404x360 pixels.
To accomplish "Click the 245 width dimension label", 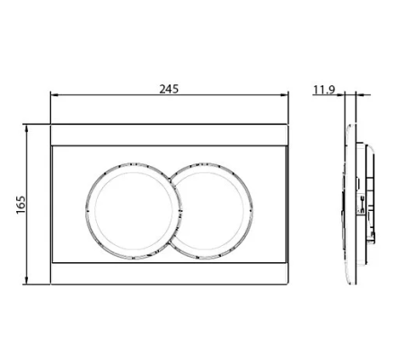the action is click(x=169, y=89).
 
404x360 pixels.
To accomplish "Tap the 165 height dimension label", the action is click(x=21, y=205).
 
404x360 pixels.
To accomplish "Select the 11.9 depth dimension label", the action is click(x=324, y=90).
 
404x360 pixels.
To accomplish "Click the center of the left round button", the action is click(x=134, y=211).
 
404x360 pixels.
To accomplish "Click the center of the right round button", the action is click(x=211, y=211).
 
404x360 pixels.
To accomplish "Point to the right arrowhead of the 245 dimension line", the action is click(x=284, y=95).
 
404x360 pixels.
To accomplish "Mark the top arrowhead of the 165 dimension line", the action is click(x=27, y=128).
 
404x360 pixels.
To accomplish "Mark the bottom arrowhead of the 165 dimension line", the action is click(x=27, y=280).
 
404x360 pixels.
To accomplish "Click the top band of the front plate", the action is click(x=170, y=135).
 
